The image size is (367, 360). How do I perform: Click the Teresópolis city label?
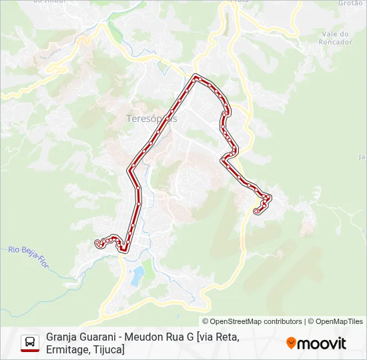pyautogui.click(x=151, y=119)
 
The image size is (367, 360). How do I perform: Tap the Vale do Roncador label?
pyautogui.click(x=336, y=38)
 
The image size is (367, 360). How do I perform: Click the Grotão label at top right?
pyautogui.click(x=350, y=3)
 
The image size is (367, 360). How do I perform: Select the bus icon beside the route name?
pyautogui.click(x=30, y=343)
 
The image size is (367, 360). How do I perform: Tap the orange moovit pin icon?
pyautogui.click(x=291, y=343)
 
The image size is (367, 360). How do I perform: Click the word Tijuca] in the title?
pyautogui.click(x=109, y=349)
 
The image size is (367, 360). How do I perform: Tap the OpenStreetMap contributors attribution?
pyautogui.click(x=256, y=321)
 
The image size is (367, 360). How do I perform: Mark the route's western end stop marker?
pyautogui.click(x=98, y=242)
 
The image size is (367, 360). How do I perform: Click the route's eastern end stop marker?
pyautogui.click(x=257, y=211)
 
